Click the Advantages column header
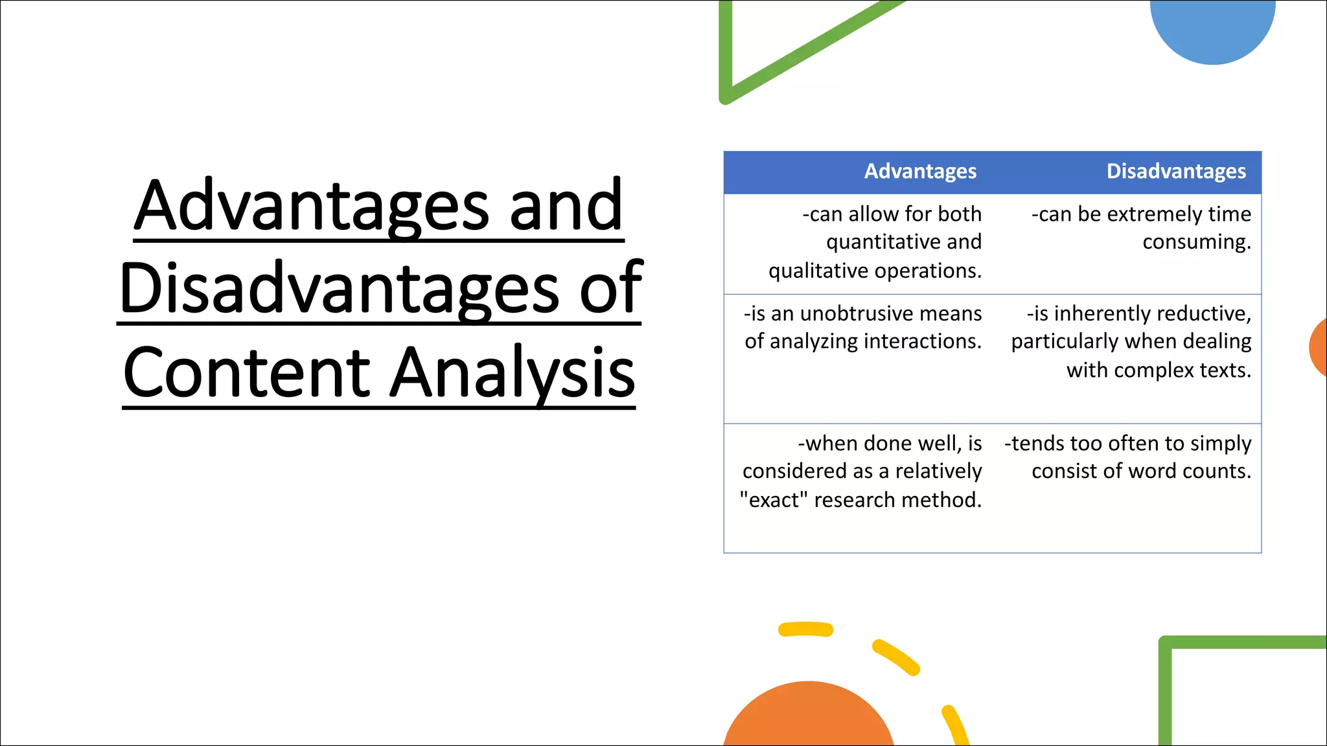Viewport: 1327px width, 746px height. tap(920, 171)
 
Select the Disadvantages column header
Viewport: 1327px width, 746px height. tap(1176, 171)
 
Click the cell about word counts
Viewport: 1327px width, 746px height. tap(1127, 457)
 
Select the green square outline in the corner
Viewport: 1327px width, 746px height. tap(1165, 693)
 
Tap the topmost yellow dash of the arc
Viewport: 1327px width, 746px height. tap(805, 629)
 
